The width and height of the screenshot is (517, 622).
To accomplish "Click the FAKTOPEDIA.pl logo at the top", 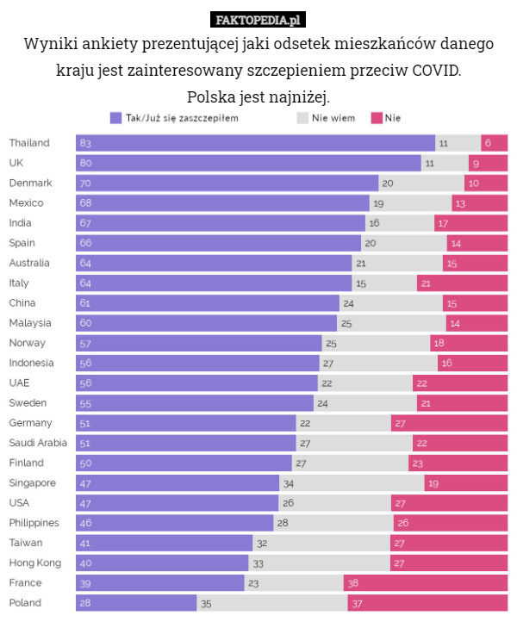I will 258,19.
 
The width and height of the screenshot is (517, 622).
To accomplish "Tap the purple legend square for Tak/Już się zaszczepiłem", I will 115,118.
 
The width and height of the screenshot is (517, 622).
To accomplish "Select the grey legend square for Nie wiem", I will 302,118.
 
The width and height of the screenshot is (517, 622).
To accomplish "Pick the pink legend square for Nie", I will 377,118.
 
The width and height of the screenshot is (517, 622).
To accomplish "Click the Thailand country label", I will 29,143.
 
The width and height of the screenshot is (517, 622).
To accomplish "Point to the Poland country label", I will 25,603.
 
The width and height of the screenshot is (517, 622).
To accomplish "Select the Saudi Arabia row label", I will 38,443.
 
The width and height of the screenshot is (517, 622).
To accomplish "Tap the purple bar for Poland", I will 136,603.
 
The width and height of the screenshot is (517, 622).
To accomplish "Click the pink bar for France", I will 425,583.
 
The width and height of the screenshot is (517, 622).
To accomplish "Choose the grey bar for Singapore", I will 352,483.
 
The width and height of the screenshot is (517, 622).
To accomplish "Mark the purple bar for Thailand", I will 255,143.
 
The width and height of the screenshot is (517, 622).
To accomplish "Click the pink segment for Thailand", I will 494,143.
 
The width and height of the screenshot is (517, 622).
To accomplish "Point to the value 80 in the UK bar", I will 85,163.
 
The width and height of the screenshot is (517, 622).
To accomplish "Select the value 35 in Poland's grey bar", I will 206,603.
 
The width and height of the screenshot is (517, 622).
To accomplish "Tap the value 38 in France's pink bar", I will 353,583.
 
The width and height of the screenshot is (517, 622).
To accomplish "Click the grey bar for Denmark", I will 420,183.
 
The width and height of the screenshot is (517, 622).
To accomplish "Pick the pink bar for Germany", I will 448,423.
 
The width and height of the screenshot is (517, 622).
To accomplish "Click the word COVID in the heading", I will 436,69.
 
